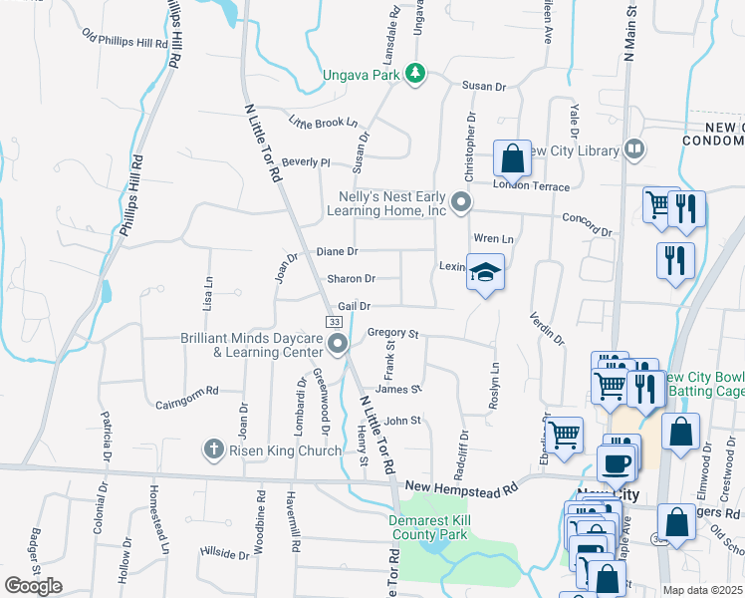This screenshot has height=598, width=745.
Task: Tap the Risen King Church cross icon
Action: tap(212, 450)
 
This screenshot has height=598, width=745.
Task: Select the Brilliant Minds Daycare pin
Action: tap(339, 345)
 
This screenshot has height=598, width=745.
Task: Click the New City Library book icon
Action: tap(634, 150)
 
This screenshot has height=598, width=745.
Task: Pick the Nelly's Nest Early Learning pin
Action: tap(460, 202)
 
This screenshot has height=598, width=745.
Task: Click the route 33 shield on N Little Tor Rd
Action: tap(334, 322)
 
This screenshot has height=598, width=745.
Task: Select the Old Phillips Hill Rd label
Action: tap(125, 43)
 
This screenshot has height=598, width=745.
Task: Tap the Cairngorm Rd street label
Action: tap(186, 403)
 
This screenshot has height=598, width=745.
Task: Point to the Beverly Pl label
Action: tap(305, 161)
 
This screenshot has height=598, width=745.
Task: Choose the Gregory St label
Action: tap(392, 333)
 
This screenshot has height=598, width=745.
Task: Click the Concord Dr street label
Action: tap(587, 225)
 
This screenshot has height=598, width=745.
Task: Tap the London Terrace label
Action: tap(532, 186)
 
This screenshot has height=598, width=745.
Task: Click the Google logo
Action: tap(34, 585)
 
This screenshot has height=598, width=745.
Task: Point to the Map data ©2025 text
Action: tap(703, 590)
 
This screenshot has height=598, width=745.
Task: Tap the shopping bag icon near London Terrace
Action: tap(512, 157)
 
